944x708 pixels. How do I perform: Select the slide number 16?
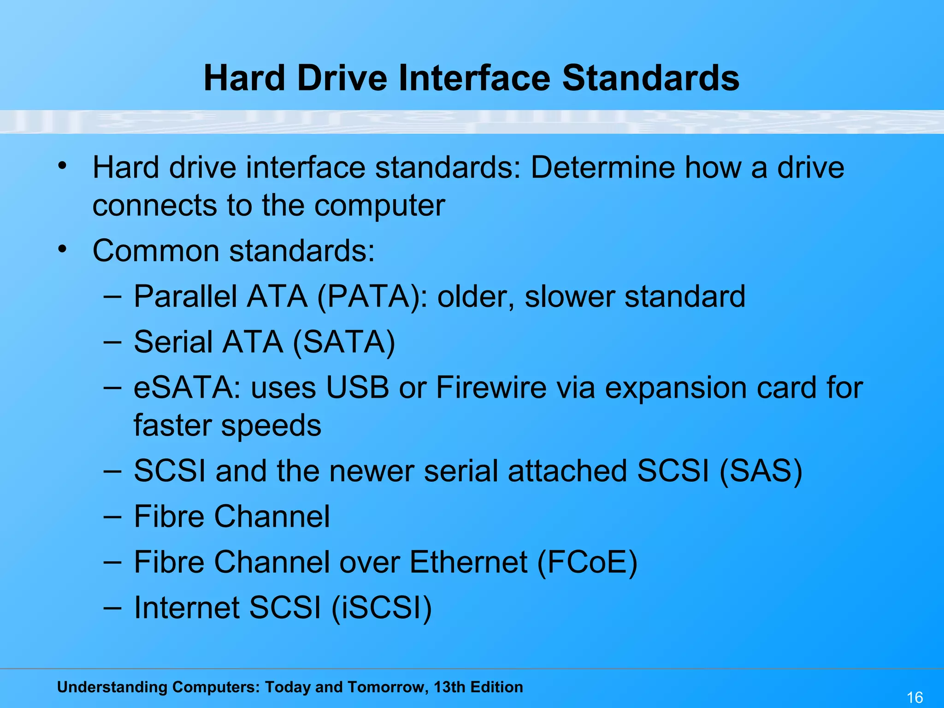point(914,697)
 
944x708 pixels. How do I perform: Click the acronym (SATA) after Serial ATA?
point(344,342)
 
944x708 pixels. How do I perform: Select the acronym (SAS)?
point(761,471)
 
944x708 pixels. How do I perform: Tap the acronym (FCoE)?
point(587,562)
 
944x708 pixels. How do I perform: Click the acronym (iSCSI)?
point(382,608)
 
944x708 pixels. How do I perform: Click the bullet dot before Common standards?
point(63,249)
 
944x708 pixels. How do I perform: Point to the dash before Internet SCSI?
point(112,608)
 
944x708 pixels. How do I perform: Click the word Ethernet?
point(468,562)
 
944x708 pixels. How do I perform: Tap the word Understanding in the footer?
point(111,687)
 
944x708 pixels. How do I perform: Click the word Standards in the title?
point(650,77)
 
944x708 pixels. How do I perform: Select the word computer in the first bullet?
point(379,205)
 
